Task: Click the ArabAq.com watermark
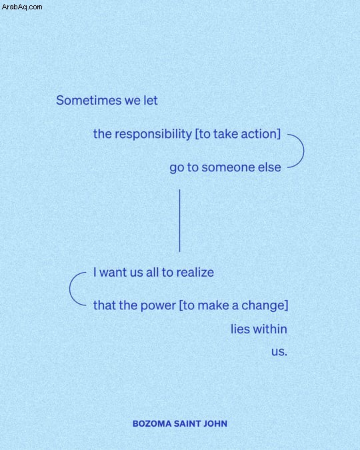(22, 7)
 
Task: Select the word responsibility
(153, 134)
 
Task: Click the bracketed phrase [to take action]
(238, 134)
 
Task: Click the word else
(269, 167)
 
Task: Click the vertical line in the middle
(180, 221)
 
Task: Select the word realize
(195, 273)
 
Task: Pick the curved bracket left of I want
(70, 289)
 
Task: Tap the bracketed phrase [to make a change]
(233, 305)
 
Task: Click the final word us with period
(279, 352)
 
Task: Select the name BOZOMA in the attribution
(152, 423)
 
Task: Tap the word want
(113, 273)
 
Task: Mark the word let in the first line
(151, 101)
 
